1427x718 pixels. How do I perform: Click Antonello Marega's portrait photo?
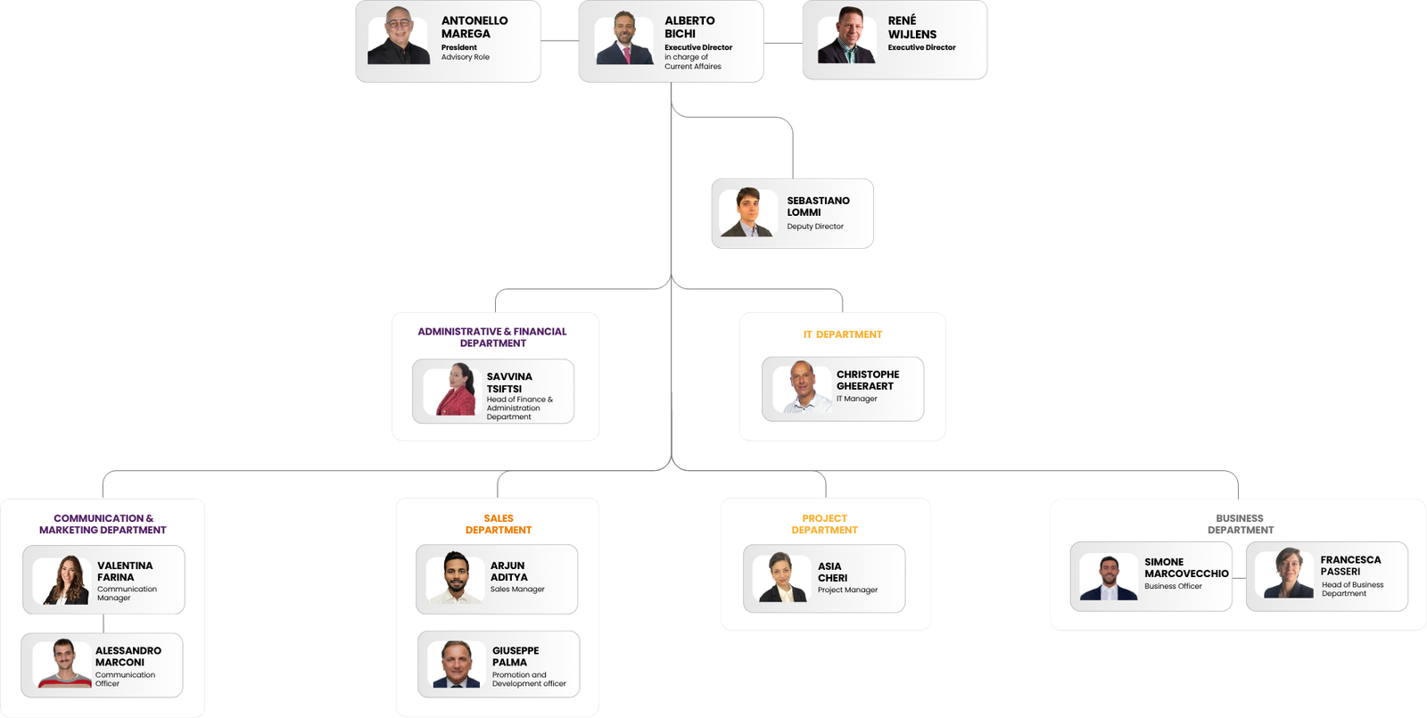tap(398, 36)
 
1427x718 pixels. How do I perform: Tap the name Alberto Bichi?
tap(689, 27)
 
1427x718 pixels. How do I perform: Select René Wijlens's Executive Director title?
tap(921, 47)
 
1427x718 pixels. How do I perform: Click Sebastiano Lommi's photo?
tap(747, 212)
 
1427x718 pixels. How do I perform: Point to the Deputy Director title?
tap(815, 227)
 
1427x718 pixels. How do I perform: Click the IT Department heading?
tap(842, 334)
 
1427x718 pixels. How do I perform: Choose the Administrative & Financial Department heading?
tap(491, 337)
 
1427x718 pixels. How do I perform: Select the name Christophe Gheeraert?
tap(868, 380)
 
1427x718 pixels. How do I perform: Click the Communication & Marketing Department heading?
tap(103, 524)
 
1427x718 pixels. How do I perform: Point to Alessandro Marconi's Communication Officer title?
tap(125, 679)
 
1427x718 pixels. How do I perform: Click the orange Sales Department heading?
tap(499, 524)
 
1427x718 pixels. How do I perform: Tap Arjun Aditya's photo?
tap(455, 577)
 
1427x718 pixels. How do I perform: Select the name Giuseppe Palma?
tap(516, 656)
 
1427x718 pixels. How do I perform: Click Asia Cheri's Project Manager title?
tap(847, 590)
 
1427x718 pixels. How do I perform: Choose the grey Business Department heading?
tap(1240, 524)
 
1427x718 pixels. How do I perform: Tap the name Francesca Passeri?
tap(1350, 565)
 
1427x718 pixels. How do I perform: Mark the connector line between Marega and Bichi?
tap(559, 41)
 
